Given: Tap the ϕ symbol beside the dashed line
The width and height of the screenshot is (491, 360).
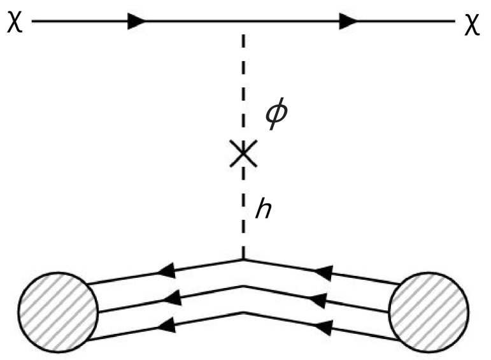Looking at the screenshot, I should pos(277,117).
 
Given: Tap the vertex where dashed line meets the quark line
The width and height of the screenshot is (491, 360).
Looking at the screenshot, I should pos(244,259).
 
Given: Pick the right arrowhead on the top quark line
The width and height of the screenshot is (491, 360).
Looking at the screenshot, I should pos(324,273).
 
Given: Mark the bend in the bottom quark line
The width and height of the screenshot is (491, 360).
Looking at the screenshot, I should pos(244,312).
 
